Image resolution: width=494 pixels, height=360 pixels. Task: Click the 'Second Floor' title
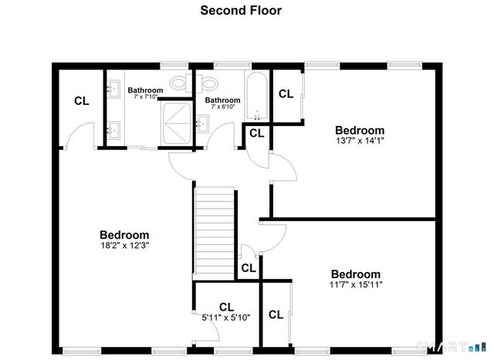click(241, 11)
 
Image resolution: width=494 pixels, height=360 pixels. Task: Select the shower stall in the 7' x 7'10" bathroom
click(177, 124)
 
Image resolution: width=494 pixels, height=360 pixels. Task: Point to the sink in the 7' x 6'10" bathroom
click(201, 123)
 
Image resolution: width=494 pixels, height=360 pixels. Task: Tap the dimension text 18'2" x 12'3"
click(124, 246)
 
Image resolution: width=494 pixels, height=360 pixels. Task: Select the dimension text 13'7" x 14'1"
click(359, 141)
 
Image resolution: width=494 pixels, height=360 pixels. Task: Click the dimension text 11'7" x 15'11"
click(356, 284)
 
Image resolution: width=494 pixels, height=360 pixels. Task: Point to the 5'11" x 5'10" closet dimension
click(226, 317)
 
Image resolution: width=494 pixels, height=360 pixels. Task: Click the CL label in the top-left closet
click(81, 101)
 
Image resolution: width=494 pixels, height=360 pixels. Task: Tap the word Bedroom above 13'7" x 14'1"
click(359, 130)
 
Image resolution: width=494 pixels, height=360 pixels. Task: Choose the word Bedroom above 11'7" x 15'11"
click(356, 274)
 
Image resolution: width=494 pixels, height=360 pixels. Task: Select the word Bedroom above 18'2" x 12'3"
click(124, 235)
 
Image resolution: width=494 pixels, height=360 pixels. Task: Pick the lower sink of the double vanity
click(115, 129)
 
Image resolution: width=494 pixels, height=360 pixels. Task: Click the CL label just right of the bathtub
click(286, 94)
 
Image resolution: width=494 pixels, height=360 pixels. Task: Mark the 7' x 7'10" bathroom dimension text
click(145, 97)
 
